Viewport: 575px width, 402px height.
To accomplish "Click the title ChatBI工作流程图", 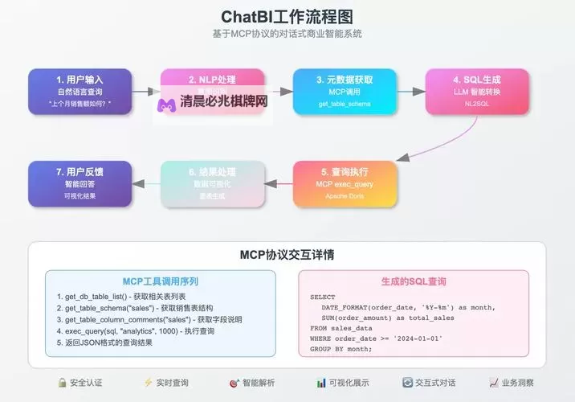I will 287,17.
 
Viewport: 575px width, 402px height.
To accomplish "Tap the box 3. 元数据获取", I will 345,92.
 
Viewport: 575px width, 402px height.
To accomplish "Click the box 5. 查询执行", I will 345,184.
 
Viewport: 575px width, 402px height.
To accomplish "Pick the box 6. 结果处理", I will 212,184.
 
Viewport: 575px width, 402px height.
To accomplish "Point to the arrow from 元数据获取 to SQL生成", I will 410,92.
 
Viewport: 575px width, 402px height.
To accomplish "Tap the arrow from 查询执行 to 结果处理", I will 279,184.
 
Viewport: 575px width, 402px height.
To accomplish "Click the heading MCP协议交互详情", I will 287,255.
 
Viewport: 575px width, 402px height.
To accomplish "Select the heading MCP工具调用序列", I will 160,282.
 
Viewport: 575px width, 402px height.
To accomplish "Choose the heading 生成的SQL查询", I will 414,282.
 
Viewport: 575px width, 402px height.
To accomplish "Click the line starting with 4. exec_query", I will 136,330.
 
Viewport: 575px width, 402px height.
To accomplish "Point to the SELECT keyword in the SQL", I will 323,297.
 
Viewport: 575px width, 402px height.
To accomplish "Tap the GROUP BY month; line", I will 341,349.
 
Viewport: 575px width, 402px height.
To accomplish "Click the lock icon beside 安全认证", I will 61,384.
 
